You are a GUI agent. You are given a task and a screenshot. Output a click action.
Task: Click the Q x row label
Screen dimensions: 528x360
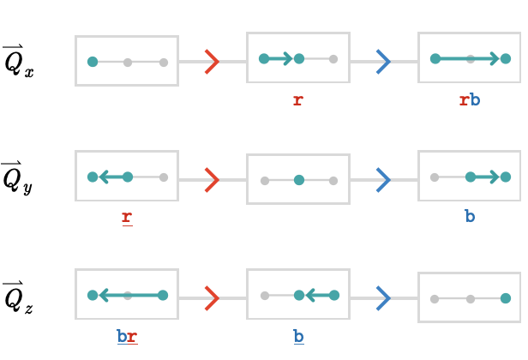(19, 61)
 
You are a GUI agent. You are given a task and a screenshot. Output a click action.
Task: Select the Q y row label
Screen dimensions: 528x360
(17, 177)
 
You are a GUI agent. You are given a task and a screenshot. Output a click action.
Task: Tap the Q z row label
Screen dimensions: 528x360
(18, 297)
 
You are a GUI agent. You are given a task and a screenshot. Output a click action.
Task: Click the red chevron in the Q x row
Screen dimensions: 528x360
(213, 62)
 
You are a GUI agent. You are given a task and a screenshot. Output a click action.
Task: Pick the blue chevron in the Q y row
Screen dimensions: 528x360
(383, 180)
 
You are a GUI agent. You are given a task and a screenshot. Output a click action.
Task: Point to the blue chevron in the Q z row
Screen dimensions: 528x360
(383, 298)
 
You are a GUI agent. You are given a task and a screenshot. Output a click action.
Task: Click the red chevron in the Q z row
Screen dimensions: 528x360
(213, 298)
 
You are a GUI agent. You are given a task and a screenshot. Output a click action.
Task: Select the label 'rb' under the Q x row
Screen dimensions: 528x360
(470, 100)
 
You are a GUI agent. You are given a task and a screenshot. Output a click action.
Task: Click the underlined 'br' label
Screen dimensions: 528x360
(127, 337)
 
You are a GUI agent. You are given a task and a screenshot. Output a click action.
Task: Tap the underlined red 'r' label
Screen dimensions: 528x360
(127, 219)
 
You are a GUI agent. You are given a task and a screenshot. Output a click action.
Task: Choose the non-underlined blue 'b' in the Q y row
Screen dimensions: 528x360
(470, 216)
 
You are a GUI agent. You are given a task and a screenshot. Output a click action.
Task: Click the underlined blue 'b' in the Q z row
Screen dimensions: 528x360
(298, 337)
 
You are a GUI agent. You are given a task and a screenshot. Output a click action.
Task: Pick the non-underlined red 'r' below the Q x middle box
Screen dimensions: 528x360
(298, 100)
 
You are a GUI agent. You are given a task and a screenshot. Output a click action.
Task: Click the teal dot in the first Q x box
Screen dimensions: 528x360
(93, 62)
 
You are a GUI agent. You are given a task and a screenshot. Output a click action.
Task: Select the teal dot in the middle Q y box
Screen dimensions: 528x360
(299, 180)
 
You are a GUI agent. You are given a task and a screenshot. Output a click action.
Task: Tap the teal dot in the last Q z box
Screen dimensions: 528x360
(506, 298)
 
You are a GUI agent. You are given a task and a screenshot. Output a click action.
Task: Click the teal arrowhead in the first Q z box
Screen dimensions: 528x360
(104, 296)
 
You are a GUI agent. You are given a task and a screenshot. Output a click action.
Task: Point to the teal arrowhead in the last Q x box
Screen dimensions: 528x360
(495, 58)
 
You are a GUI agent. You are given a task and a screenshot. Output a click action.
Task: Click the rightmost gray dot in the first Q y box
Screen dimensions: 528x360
(164, 177)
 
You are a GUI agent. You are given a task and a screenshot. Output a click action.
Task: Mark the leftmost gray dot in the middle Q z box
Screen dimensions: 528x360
(265, 296)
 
